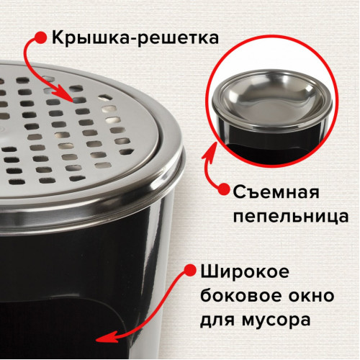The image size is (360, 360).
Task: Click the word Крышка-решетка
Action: coord(135,38)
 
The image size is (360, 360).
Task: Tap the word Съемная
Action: coord(276,192)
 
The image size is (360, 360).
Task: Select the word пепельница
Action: coord(291,216)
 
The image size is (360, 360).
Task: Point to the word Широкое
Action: coord(245,272)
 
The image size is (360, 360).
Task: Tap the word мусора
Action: coord(276,320)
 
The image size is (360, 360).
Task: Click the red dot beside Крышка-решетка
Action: coord(41,37)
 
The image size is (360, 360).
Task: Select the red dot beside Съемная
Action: coord(224,189)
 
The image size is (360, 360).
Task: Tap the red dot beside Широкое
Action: coord(191,271)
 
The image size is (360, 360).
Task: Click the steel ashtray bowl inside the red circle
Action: coord(272,99)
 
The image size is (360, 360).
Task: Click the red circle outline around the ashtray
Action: coord(272,36)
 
